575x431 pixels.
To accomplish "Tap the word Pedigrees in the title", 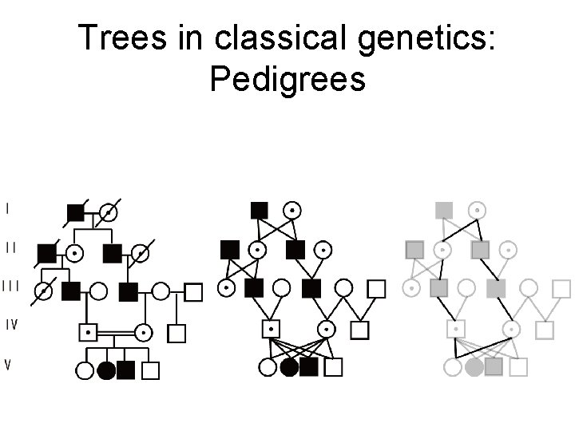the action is pyautogui.click(x=287, y=78).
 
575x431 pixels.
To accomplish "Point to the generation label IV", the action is pyautogui.click(x=11, y=324).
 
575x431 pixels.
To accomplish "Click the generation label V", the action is pyautogui.click(x=8, y=365).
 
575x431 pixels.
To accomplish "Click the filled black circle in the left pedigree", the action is pyautogui.click(x=106, y=370).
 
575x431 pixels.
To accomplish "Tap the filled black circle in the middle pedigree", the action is pyautogui.click(x=290, y=367).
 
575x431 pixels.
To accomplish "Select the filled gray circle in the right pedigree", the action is pyautogui.click(x=474, y=367).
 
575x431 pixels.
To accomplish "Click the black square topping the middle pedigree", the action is pyautogui.click(x=259, y=210).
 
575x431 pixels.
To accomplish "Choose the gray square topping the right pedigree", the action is pyautogui.click(x=444, y=210).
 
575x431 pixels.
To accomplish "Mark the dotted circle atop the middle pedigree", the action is pyautogui.click(x=293, y=210).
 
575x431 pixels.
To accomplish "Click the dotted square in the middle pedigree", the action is pyautogui.click(x=272, y=328).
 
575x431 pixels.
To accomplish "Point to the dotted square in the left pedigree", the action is pyautogui.click(x=88, y=330).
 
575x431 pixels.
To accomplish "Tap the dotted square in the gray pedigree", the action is pyautogui.click(x=456, y=328).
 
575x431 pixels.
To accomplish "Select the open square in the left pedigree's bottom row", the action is pyautogui.click(x=150, y=370).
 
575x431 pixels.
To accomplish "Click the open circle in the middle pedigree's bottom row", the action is pyautogui.click(x=268, y=367).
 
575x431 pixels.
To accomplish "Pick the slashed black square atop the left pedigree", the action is pyautogui.click(x=76, y=212).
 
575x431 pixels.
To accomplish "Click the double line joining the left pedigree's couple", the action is pyautogui.click(x=116, y=330).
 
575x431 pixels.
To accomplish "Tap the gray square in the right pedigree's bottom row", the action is pyautogui.click(x=494, y=367).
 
